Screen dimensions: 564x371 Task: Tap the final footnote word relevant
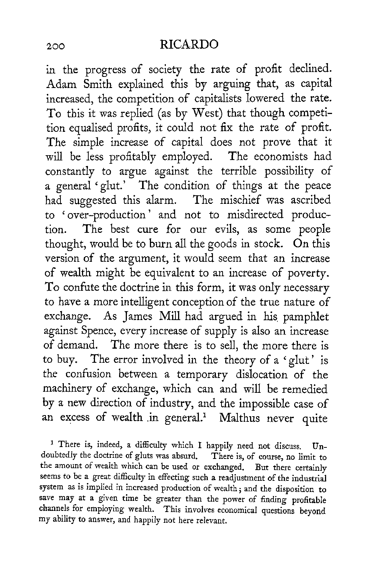click(x=211, y=521)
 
